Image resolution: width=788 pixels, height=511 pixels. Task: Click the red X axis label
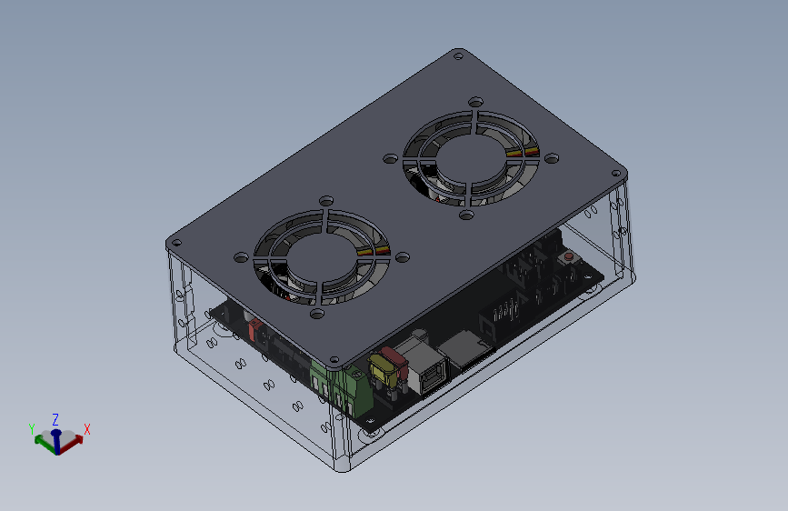[x=87, y=429]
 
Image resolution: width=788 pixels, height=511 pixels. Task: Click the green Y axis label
[x=32, y=429]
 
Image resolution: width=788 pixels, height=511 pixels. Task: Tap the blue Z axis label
[x=55, y=419]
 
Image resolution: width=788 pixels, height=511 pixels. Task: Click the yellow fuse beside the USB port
[x=383, y=370]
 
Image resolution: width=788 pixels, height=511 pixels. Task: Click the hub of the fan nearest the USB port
[x=322, y=257]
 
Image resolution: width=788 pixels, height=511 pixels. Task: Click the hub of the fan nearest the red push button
[x=471, y=158]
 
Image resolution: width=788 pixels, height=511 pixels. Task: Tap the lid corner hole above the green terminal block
[x=334, y=360]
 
